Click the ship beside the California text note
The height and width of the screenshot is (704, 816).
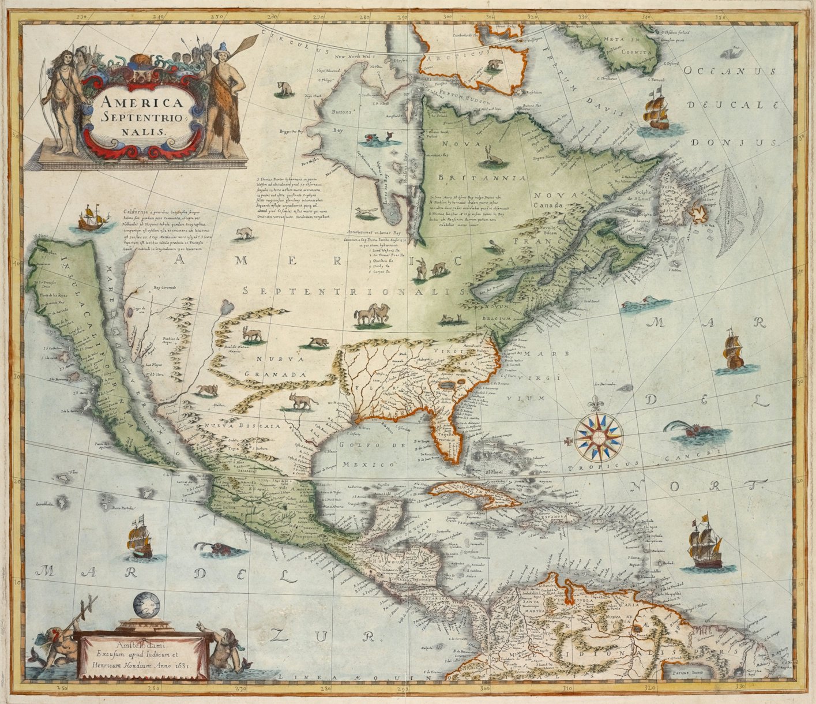coord(93,218)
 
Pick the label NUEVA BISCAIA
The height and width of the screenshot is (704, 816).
coord(249,426)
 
